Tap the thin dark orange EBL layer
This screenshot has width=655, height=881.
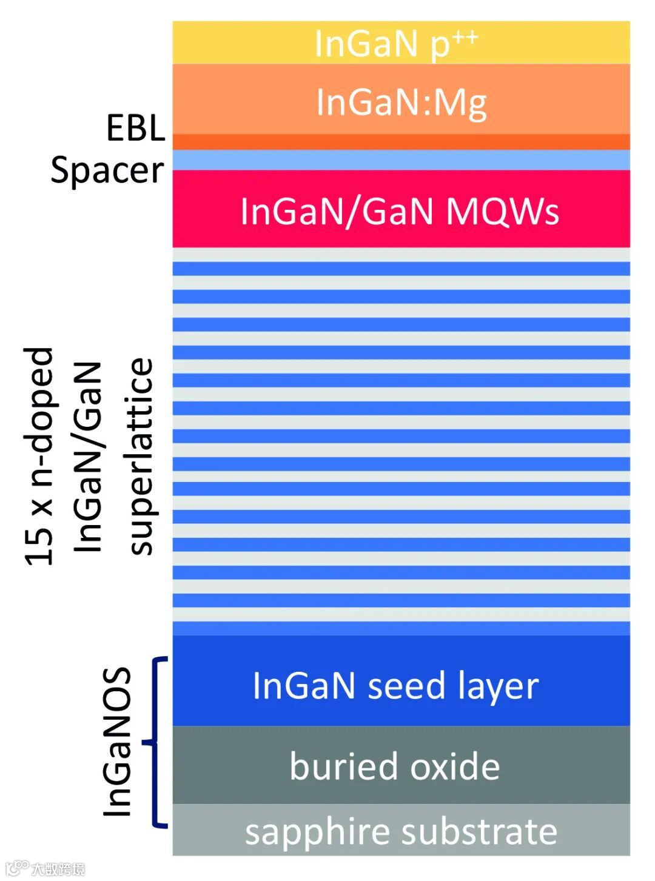tap(400, 142)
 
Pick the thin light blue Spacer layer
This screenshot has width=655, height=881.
tap(400, 160)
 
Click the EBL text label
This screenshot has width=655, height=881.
tap(135, 128)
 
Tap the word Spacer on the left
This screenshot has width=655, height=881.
tap(107, 170)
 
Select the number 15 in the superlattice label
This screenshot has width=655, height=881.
tap(39, 545)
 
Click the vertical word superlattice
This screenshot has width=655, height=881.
tap(141, 456)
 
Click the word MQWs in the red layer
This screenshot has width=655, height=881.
tap(502, 212)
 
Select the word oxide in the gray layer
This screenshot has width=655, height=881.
tap(455, 766)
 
